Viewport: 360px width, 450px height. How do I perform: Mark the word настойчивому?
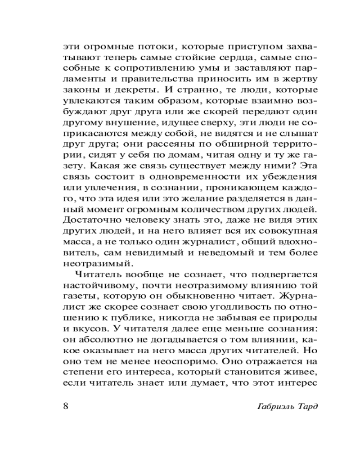[93, 286]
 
